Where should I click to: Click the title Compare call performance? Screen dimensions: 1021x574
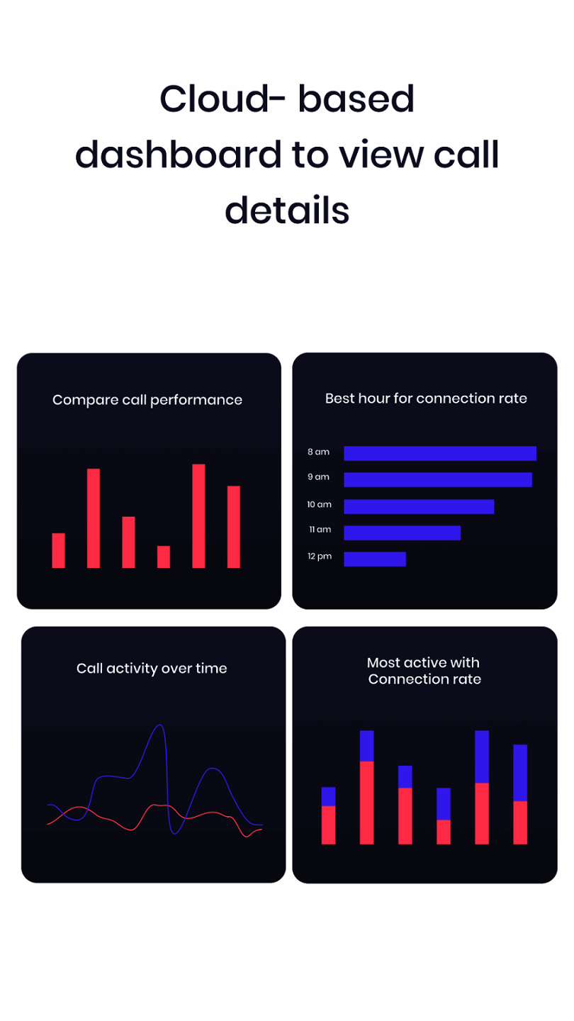point(147,400)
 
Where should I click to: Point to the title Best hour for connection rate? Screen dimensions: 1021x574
point(426,398)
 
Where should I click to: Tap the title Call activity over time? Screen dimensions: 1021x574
point(152,668)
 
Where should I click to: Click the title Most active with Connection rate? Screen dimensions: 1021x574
point(424,671)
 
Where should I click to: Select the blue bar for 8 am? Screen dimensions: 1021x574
point(439,453)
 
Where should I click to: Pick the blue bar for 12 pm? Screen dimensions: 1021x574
point(374,559)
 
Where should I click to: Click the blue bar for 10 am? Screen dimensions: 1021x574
point(418,506)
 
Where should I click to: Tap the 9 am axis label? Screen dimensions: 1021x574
point(318,477)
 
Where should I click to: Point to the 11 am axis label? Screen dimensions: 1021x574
point(320,530)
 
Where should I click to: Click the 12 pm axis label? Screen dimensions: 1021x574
point(320,557)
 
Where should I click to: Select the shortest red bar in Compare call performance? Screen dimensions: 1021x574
point(163,557)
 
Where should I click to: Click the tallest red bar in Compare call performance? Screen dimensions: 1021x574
point(198,515)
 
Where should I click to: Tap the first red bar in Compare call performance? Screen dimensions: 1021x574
point(58,550)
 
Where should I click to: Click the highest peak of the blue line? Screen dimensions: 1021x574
point(161,726)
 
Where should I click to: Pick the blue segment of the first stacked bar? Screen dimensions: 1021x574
point(328,796)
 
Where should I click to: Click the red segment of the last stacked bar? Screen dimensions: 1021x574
point(520,822)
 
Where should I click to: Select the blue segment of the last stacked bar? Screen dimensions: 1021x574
point(520,772)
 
